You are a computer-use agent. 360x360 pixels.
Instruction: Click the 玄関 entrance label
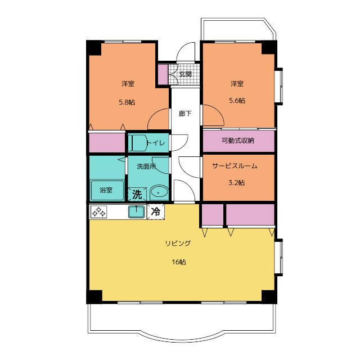pyautogui.click(x=185, y=74)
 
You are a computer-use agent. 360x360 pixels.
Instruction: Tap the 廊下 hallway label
pyautogui.click(x=185, y=114)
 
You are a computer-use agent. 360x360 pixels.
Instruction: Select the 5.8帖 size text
pyautogui.click(x=127, y=102)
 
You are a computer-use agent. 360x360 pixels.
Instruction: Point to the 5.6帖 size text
pyautogui.click(x=237, y=100)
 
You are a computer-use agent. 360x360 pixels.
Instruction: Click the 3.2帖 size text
pyautogui.click(x=236, y=182)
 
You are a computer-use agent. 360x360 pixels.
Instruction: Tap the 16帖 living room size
pyautogui.click(x=179, y=262)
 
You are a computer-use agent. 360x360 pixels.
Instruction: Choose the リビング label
pyautogui.click(x=178, y=243)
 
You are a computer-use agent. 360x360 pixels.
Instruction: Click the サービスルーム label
pyautogui.click(x=235, y=166)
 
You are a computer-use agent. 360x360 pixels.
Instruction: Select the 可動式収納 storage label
pyautogui.click(x=238, y=140)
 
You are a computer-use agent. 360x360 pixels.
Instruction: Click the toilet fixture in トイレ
pyautogui.click(x=137, y=143)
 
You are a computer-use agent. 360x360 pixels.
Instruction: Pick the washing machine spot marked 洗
pyautogui.click(x=137, y=194)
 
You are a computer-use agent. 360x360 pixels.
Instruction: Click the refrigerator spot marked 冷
pyautogui.click(x=156, y=211)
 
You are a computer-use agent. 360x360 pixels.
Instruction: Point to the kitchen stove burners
pyautogui.click(x=99, y=211)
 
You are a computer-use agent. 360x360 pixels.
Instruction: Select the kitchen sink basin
pyautogui.click(x=136, y=211)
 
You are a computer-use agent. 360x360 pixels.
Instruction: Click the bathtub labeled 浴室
pyautogui.click(x=107, y=190)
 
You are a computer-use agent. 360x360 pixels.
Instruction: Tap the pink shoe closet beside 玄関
pyautogui.click(x=163, y=75)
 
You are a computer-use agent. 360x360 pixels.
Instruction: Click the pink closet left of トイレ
pyautogui.click(x=107, y=142)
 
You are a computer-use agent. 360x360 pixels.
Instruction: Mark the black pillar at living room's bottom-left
pyautogui.click(x=94, y=296)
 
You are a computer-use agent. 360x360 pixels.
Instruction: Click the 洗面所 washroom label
pyautogui.click(x=146, y=166)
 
